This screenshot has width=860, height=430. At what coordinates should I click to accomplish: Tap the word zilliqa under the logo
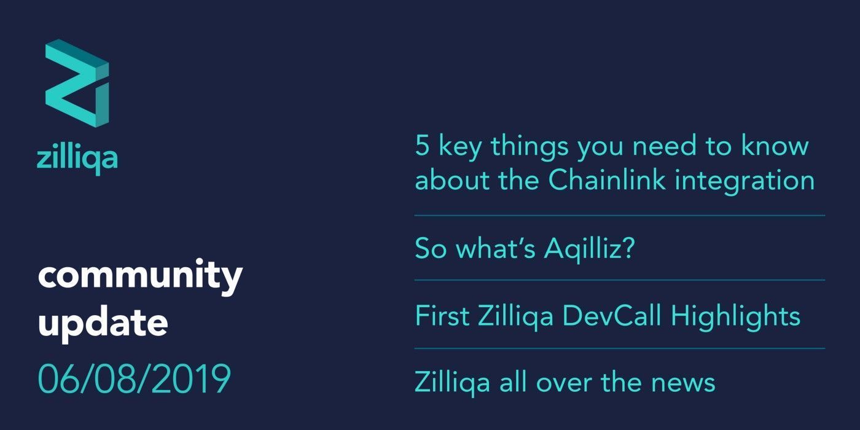click(77, 158)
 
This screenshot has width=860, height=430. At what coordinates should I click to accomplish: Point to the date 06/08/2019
click(134, 378)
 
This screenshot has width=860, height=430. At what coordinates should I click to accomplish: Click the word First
click(440, 316)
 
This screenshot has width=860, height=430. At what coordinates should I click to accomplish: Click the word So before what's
click(430, 249)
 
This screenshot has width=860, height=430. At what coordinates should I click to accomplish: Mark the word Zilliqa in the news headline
click(452, 383)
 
